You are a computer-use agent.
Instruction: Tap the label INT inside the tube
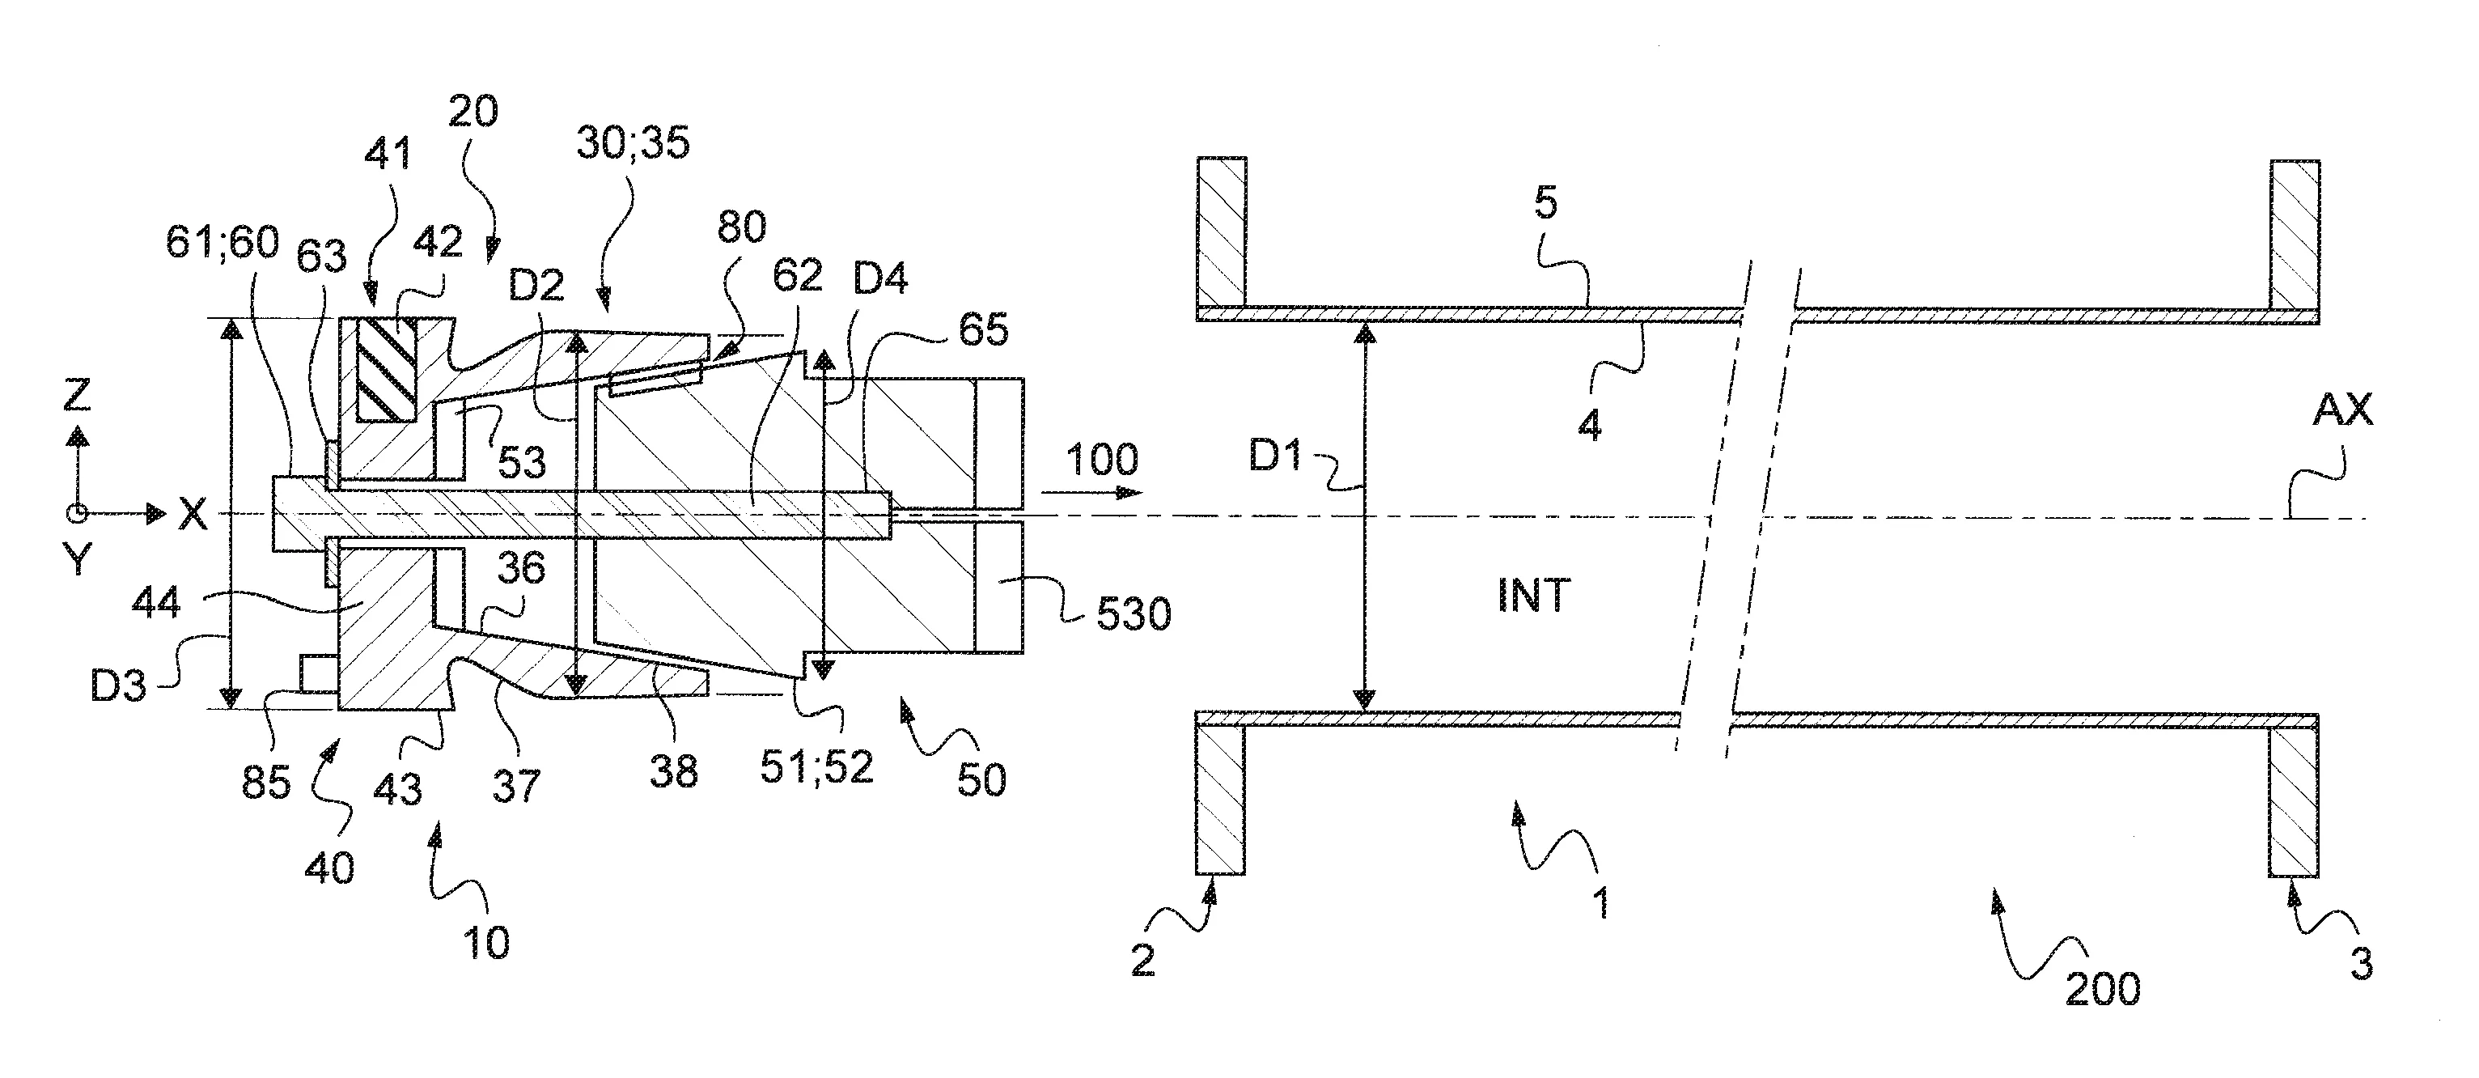click(x=1534, y=596)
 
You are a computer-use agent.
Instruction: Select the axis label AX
click(x=2342, y=411)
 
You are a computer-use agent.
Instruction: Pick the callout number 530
click(x=1134, y=613)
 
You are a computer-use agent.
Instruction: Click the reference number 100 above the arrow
click(x=1102, y=459)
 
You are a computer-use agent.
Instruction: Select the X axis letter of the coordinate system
click(x=193, y=515)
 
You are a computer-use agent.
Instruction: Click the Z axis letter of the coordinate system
click(x=77, y=396)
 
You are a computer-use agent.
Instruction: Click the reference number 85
click(x=265, y=783)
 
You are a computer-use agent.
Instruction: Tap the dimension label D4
click(x=880, y=278)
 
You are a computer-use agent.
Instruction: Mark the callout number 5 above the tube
click(x=1545, y=203)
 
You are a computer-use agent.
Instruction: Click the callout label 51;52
click(x=816, y=767)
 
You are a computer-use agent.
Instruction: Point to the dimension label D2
click(x=537, y=286)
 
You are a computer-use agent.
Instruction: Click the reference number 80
click(x=741, y=227)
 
